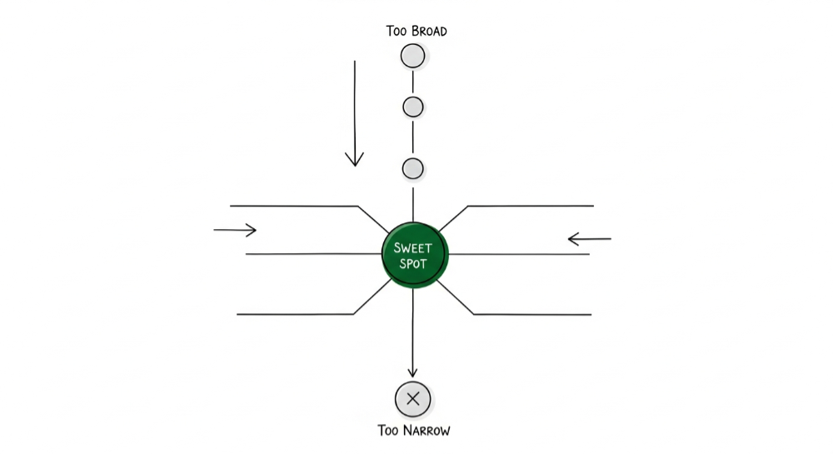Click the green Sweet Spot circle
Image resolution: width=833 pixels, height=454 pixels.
point(414,255)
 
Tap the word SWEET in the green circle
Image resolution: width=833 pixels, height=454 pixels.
point(414,247)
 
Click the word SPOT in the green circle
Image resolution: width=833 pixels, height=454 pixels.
point(414,263)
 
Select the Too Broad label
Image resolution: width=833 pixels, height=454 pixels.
point(416,32)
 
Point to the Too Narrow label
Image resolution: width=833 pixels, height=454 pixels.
point(414,431)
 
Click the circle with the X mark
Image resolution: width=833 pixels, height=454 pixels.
point(412,399)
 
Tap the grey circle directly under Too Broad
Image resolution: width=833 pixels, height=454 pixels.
point(412,56)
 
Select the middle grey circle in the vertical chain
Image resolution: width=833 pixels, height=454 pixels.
point(413,107)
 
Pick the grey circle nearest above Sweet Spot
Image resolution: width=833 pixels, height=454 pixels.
point(413,168)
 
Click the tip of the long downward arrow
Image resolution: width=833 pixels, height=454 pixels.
point(355,163)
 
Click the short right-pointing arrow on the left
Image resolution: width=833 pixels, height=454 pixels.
point(235,230)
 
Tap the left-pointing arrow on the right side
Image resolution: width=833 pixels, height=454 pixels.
point(589,240)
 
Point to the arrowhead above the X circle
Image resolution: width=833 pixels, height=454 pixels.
point(412,372)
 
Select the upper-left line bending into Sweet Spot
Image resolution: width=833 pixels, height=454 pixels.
point(300,206)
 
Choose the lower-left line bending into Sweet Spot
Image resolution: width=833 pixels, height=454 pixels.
point(300,314)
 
